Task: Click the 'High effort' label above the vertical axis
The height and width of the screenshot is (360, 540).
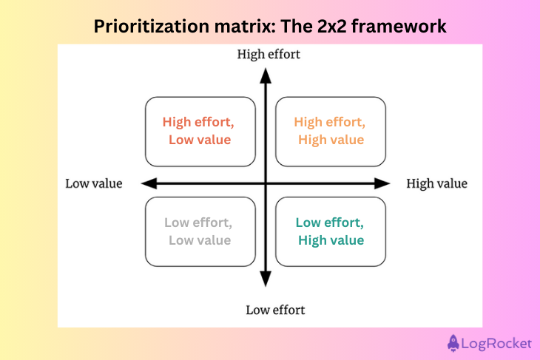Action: [269, 54]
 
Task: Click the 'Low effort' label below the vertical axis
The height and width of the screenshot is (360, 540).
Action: [275, 310]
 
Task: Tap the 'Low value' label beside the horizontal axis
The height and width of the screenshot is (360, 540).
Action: [94, 184]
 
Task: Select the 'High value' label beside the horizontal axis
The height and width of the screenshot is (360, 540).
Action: [437, 184]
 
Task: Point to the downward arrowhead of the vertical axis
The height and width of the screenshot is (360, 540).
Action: [265, 279]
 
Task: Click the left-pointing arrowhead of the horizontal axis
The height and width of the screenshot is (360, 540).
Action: [147, 183]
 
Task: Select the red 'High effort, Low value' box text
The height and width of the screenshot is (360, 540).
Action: [199, 130]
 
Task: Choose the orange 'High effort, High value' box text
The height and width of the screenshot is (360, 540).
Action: [330, 130]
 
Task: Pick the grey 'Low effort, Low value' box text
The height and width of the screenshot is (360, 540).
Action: [199, 231]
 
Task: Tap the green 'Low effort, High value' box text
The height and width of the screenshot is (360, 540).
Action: [330, 231]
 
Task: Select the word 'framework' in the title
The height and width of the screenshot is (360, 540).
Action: [399, 27]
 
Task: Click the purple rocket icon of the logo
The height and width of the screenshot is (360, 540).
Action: [454, 343]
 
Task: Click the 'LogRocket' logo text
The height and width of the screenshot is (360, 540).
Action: [497, 343]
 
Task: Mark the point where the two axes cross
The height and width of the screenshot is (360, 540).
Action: [265, 183]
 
